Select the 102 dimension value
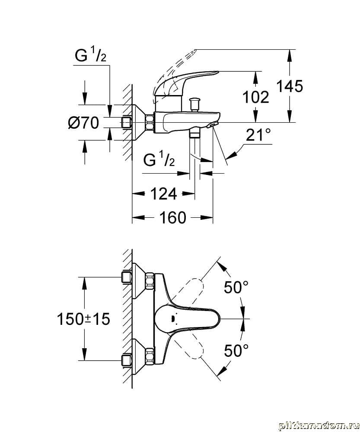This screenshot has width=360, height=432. [256, 97]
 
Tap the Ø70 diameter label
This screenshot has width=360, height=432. [83, 123]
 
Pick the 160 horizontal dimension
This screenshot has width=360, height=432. [172, 217]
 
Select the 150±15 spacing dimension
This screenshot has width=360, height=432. [83, 319]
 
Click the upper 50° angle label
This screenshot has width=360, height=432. [236, 287]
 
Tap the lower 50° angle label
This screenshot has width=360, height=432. [236, 350]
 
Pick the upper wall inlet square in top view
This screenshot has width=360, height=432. [127, 277]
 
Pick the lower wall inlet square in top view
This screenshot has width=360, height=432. [127, 360]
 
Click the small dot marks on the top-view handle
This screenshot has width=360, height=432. [173, 319]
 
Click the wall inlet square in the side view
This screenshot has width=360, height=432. [127, 123]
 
